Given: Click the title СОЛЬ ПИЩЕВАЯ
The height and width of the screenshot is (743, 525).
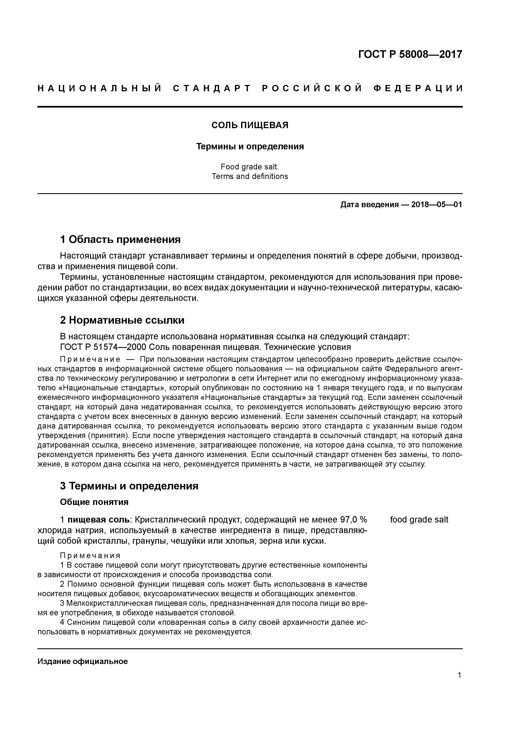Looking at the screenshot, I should click(x=250, y=125).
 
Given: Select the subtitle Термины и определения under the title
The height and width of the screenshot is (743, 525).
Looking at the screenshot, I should click(x=250, y=147).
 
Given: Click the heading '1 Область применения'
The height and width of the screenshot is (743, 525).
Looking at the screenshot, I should click(x=120, y=240).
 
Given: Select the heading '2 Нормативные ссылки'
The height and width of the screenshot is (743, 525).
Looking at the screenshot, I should click(x=122, y=320).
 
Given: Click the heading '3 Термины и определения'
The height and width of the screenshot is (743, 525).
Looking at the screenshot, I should click(x=129, y=486).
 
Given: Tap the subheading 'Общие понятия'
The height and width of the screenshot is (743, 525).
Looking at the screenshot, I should click(x=94, y=502).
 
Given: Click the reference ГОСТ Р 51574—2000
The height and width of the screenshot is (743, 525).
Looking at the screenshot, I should click(x=101, y=347).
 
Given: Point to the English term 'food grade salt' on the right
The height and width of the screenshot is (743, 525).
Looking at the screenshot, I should click(x=419, y=520).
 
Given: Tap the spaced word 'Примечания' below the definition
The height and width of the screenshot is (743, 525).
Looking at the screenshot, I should click(x=90, y=556).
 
